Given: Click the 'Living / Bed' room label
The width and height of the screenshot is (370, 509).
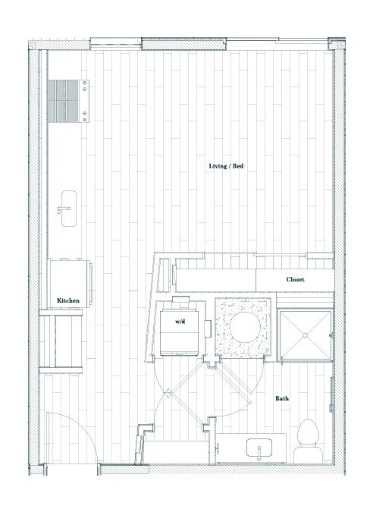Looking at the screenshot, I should coord(226,166).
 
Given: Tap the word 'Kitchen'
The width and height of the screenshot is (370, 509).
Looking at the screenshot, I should coord(68,301).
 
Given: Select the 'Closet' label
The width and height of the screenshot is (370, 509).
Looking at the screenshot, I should coord(296,280).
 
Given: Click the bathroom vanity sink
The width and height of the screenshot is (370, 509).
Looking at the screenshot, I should coord(259,448).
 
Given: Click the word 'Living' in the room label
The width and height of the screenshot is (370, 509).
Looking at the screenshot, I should coord(218,166).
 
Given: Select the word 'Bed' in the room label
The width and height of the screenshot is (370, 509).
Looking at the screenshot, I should coord(238,166).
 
